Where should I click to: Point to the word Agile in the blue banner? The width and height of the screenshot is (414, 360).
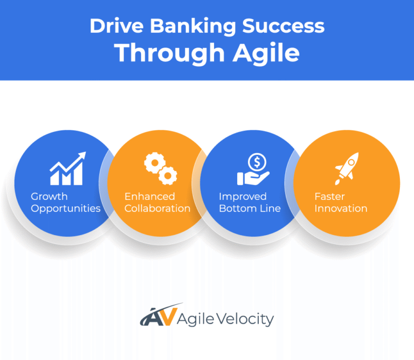[x=266, y=53]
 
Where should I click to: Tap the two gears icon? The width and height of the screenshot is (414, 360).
[x=160, y=168]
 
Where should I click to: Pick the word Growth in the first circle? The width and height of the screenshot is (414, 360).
[x=49, y=196]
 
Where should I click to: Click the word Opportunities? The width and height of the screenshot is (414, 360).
[x=66, y=209]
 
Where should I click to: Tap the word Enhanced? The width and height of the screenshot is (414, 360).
[x=150, y=196]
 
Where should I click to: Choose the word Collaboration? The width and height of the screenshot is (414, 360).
[x=157, y=209]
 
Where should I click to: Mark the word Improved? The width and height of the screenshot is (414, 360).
[x=243, y=196]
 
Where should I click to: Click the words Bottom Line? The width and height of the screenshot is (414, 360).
[x=250, y=209]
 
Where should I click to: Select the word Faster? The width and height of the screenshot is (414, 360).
[x=329, y=196]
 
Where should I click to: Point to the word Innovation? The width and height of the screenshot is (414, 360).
[x=341, y=209]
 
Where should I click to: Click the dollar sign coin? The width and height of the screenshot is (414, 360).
[x=256, y=161]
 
